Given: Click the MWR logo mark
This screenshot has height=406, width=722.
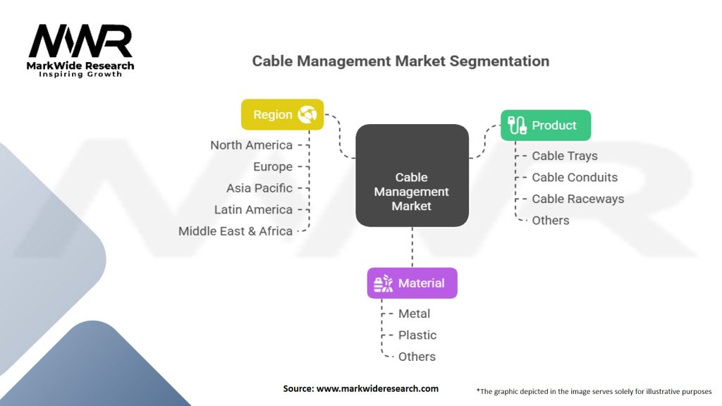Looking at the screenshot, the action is pyautogui.click(x=80, y=42).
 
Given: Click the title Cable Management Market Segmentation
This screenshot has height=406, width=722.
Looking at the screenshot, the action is pyautogui.click(x=400, y=61).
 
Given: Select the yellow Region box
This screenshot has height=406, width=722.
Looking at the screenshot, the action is pyautogui.click(x=282, y=115).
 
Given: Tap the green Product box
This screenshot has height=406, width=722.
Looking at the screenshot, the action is pyautogui.click(x=546, y=125).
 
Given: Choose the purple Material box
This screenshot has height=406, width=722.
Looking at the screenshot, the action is pyautogui.click(x=412, y=283).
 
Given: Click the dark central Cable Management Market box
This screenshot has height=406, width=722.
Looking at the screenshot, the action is pyautogui.click(x=412, y=176).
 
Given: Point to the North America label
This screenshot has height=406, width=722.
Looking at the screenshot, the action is pyautogui.click(x=252, y=145).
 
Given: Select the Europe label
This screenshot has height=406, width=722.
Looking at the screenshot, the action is pyautogui.click(x=273, y=166).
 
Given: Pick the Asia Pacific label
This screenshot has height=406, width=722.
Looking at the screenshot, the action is pyautogui.click(x=259, y=188).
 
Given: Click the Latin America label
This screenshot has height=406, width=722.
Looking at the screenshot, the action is pyautogui.click(x=253, y=209).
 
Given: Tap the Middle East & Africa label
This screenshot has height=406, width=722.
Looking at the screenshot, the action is pyautogui.click(x=235, y=231).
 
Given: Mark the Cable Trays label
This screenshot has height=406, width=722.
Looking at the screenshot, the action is pyautogui.click(x=565, y=156).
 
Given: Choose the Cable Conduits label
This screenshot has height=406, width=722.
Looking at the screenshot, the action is pyautogui.click(x=575, y=177).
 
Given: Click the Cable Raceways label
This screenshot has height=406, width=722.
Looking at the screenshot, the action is pyautogui.click(x=578, y=199).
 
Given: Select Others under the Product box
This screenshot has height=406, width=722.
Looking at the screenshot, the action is pyautogui.click(x=550, y=221).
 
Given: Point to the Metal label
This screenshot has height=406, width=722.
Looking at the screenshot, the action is pyautogui.click(x=414, y=314).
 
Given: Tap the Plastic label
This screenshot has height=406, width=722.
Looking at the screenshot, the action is pyautogui.click(x=417, y=335).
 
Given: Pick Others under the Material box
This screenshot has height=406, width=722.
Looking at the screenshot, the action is pyautogui.click(x=417, y=357).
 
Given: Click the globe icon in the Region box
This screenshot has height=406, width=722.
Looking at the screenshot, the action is pyautogui.click(x=307, y=115).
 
